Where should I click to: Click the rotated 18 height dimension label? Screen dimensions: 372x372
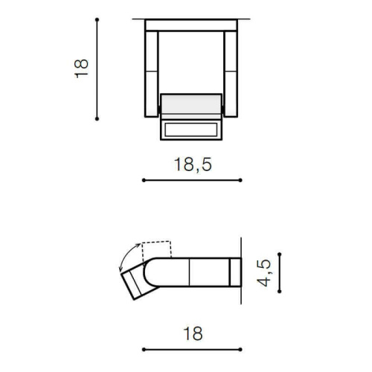click(x=82, y=68)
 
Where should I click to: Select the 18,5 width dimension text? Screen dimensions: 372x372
click(x=192, y=165)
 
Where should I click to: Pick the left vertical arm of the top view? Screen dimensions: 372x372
click(x=151, y=74)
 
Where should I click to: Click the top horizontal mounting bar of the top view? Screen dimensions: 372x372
click(x=191, y=25)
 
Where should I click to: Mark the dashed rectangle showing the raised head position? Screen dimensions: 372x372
click(x=158, y=249)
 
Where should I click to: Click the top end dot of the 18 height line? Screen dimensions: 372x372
click(x=97, y=19)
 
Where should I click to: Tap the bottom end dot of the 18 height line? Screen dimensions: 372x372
click(x=97, y=118)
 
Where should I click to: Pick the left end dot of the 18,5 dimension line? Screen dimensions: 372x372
click(x=143, y=180)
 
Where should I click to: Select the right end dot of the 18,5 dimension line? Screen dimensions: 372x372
click(x=241, y=180)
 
